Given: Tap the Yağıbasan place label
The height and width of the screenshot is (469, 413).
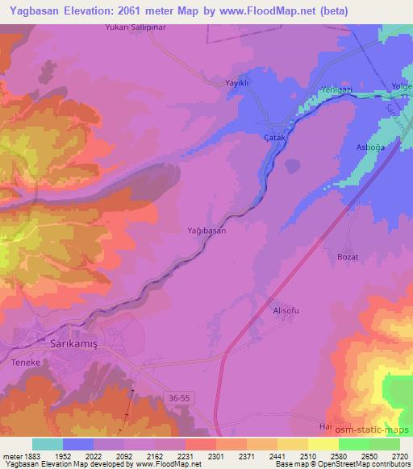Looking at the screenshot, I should pyautogui.click(x=206, y=230).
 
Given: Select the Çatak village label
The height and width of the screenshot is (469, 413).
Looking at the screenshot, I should pyautogui.click(x=277, y=137).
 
